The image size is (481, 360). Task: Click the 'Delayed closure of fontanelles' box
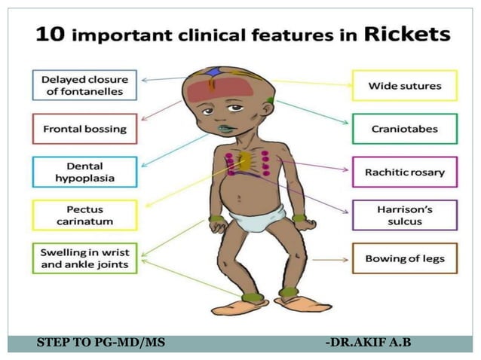84,85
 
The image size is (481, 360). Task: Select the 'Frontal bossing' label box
84,129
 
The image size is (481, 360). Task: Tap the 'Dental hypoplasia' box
84,172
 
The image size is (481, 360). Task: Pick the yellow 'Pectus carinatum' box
84,215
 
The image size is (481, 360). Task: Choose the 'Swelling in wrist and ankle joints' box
84,258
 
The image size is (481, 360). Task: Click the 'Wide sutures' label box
404,86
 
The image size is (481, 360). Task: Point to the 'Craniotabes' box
404,129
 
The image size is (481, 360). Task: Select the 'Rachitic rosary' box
404,172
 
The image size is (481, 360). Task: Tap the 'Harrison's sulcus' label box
404,215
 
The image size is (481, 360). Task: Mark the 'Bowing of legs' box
404,258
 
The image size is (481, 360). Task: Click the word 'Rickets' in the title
407,34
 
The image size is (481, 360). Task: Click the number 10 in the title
49,35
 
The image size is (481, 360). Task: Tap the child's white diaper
256,220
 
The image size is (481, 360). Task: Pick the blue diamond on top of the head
216,72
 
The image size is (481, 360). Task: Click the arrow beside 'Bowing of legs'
329,259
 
